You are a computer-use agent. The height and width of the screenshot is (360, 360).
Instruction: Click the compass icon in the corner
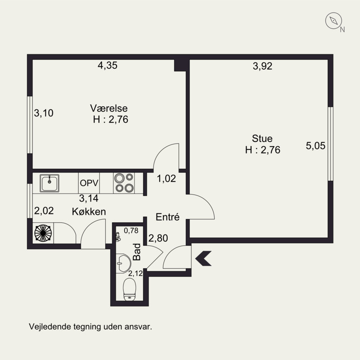(333, 21)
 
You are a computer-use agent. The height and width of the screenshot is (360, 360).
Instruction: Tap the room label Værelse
(108, 108)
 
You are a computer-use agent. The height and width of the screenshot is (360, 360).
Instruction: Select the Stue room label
(262, 139)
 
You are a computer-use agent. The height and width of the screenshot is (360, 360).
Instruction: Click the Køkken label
(89, 211)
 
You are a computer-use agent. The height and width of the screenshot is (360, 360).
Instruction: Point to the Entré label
(167, 217)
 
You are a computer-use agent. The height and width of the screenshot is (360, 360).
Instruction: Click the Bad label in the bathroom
(137, 252)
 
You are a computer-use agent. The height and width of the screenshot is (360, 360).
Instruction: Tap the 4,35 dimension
(108, 65)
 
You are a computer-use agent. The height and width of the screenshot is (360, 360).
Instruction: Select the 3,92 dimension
(262, 66)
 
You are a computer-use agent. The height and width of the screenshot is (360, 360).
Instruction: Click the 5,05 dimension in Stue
(315, 146)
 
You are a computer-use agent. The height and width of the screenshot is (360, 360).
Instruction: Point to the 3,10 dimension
(44, 113)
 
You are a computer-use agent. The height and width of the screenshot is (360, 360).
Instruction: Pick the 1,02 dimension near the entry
(166, 178)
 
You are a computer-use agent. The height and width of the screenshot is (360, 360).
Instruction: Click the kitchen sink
(49, 183)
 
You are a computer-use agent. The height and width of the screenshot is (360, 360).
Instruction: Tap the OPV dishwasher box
(89, 183)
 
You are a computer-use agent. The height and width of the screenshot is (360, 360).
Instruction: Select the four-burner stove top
(124, 183)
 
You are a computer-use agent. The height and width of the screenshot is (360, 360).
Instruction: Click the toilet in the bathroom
(130, 289)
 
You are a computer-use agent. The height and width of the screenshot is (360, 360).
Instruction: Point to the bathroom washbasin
(123, 263)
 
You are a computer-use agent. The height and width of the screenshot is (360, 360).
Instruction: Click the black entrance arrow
(203, 258)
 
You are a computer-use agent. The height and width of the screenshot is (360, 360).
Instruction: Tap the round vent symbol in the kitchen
(43, 233)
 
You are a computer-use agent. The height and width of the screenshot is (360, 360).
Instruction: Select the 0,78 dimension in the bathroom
(131, 230)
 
